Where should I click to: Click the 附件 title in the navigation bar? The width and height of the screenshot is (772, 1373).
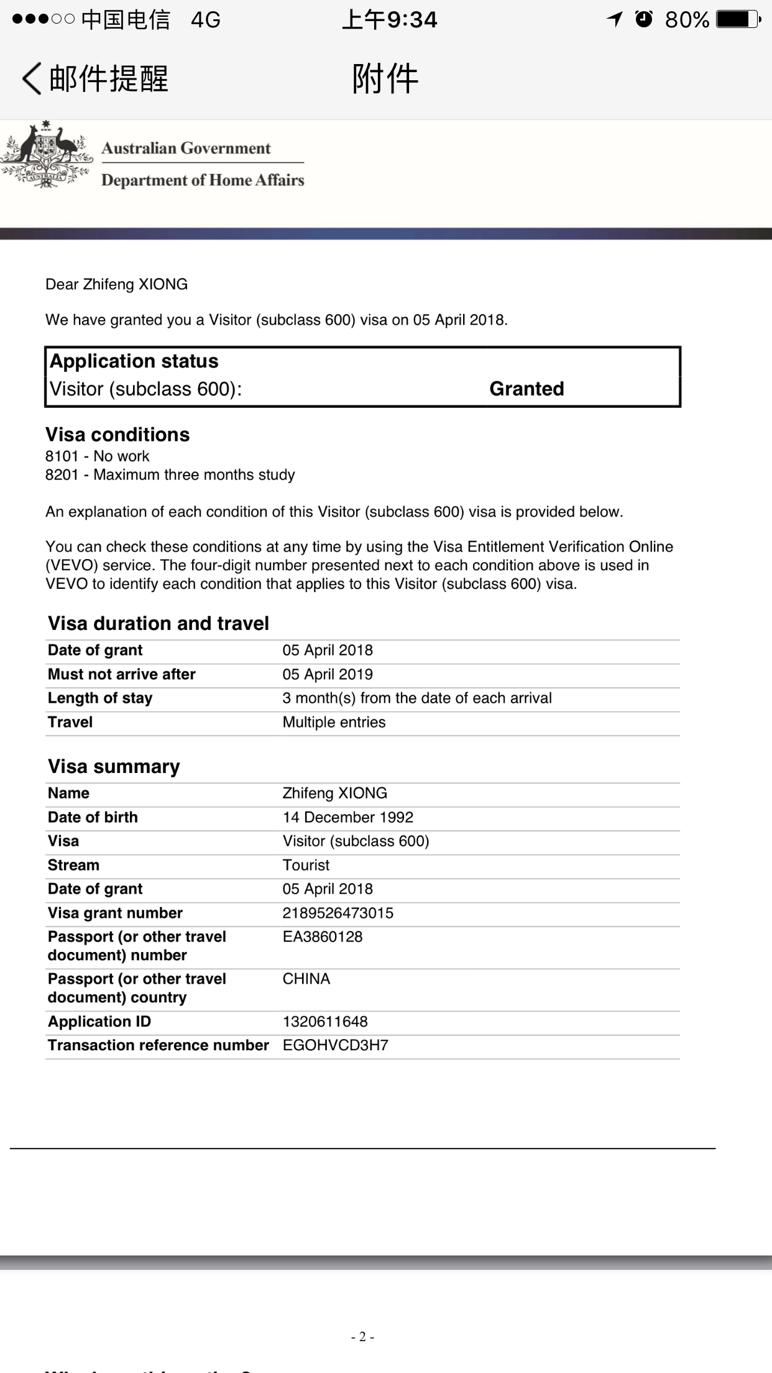(x=385, y=79)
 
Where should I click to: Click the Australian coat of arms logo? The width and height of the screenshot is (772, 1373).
(x=45, y=155)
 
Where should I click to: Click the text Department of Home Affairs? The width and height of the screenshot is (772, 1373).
(x=203, y=180)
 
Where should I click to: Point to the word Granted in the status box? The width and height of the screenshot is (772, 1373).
(x=526, y=389)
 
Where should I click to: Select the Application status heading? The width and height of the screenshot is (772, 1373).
(x=134, y=361)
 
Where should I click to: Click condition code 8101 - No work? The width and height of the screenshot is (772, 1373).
(x=98, y=456)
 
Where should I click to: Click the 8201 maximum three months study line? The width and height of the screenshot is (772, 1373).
(x=170, y=474)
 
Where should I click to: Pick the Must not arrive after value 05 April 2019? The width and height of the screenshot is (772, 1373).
(x=328, y=674)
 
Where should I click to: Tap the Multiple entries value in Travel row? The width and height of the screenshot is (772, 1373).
(x=334, y=722)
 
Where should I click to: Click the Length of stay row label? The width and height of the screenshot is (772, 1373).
(x=100, y=698)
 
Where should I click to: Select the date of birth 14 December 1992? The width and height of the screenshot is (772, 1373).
(x=347, y=817)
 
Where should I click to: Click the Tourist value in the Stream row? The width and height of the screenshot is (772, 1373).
(x=306, y=865)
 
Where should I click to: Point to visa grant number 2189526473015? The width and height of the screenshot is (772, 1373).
(x=338, y=913)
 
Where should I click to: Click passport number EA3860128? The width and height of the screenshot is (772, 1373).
(x=322, y=936)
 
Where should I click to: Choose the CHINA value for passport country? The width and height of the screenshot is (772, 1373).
(x=306, y=979)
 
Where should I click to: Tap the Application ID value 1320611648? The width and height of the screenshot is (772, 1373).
(x=325, y=1021)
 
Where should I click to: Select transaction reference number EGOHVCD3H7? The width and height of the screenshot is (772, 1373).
(x=335, y=1045)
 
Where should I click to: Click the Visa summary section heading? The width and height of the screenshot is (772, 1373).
(x=114, y=766)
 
